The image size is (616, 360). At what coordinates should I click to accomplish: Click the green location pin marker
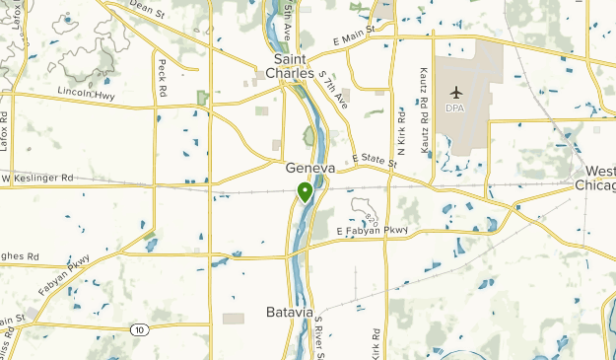pyautogui.click(x=306, y=191)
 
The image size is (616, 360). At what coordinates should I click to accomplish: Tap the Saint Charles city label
pyautogui.click(x=290, y=66)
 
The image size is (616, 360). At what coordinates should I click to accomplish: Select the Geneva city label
pyautogui.click(x=310, y=169)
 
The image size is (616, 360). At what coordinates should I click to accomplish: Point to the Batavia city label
pyautogui.click(x=291, y=312)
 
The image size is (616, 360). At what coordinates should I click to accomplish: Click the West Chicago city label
pyautogui.click(x=598, y=179)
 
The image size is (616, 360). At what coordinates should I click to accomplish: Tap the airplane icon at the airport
pyautogui.click(x=454, y=93)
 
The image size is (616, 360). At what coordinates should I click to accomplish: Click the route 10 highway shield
pyautogui.click(x=142, y=329)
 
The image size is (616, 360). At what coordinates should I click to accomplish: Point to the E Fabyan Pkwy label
pyautogui.click(x=371, y=232)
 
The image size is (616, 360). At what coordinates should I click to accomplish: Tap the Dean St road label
pyautogui.click(x=146, y=9)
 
